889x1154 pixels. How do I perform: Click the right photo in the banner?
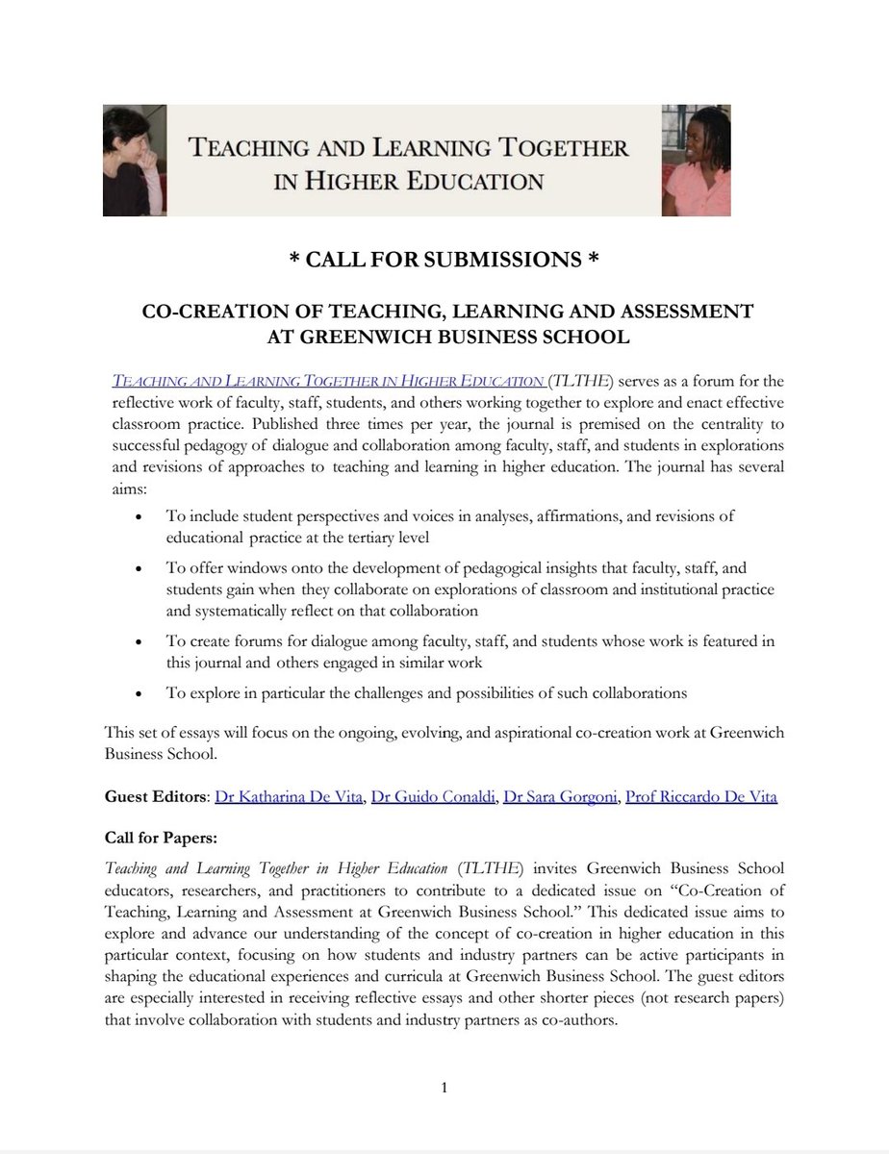click(696, 160)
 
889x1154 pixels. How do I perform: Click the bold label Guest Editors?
click(155, 797)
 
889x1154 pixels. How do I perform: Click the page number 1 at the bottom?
click(444, 1089)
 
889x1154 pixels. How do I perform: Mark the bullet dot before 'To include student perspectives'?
click(142, 516)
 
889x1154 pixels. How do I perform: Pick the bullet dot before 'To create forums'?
click(142, 641)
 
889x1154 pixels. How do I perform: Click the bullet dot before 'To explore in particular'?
click(142, 693)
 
